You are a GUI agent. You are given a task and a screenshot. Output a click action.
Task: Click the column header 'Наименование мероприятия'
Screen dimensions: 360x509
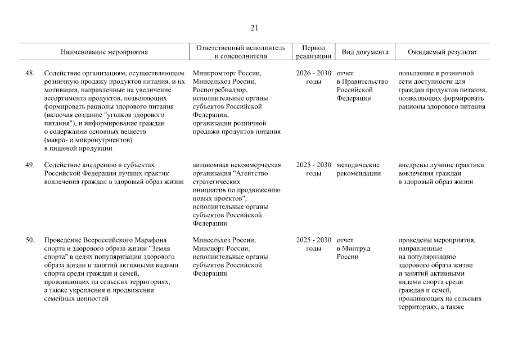[x=105, y=52]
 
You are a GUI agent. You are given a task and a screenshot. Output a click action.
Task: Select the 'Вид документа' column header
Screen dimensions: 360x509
[x=365, y=52]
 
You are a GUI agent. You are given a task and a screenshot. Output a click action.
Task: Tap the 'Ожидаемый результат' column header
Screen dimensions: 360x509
[x=442, y=52]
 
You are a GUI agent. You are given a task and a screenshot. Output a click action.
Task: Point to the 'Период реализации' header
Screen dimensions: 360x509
[x=313, y=52]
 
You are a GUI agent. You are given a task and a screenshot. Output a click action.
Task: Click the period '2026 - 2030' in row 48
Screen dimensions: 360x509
[x=313, y=74]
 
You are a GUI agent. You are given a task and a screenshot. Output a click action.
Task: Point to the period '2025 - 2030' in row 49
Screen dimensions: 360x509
[x=313, y=165]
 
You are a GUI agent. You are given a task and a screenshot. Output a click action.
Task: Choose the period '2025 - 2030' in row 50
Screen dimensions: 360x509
[x=313, y=241]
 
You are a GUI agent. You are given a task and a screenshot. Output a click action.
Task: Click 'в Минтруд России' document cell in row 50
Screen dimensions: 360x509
[x=354, y=253]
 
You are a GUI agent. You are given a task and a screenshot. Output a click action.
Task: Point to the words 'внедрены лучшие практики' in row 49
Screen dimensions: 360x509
[x=441, y=165]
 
